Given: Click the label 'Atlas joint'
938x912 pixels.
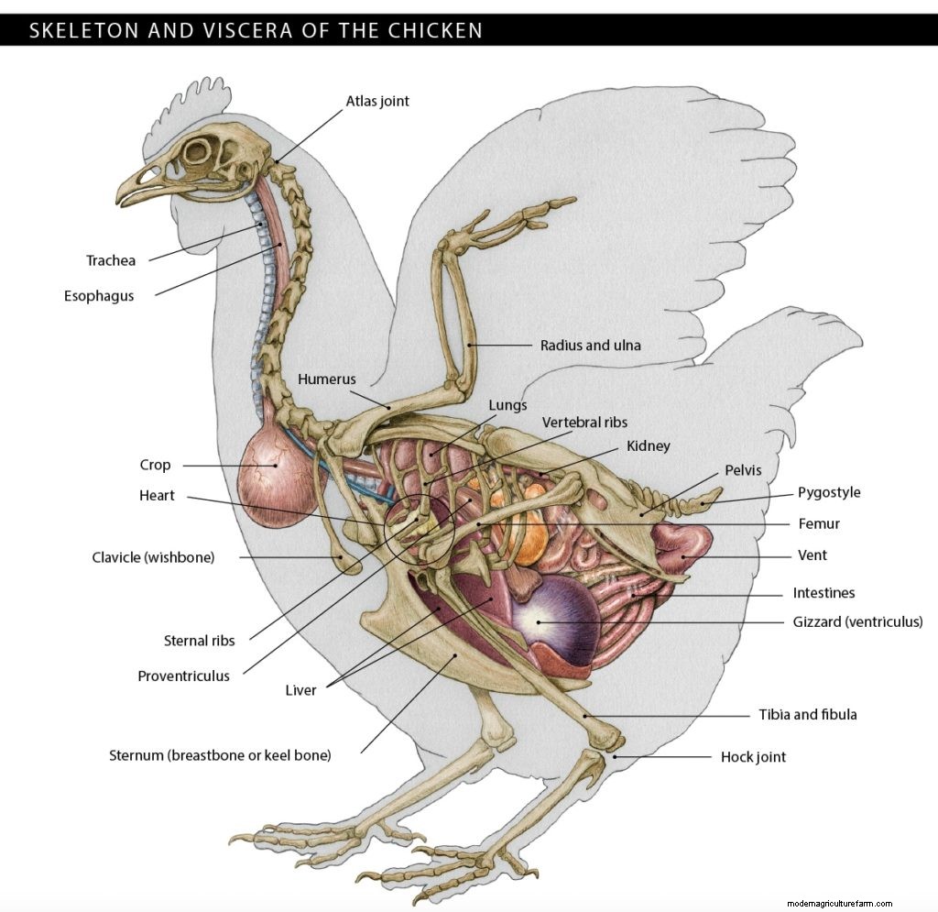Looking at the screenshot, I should pyautogui.click(x=376, y=101).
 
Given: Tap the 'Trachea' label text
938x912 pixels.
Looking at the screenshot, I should pyautogui.click(x=111, y=260).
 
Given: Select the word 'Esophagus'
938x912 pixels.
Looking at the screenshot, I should pyautogui.click(x=99, y=296).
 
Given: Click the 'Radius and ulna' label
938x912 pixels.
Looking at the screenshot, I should pyautogui.click(x=590, y=346).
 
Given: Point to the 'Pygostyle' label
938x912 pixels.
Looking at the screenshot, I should pyautogui.click(x=829, y=492).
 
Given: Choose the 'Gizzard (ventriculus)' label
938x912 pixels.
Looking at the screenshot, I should pyautogui.click(x=857, y=622).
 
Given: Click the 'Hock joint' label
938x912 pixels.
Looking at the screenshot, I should pyautogui.click(x=753, y=757).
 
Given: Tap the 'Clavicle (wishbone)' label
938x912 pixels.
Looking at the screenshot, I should pyautogui.click(x=153, y=557).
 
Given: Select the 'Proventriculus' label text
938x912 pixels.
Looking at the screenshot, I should pyautogui.click(x=183, y=676).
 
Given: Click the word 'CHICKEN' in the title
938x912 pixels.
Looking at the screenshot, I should pyautogui.click(x=435, y=30).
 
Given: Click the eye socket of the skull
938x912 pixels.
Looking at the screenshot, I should pyautogui.click(x=196, y=152).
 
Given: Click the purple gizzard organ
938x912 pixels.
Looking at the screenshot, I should pyautogui.click(x=550, y=619).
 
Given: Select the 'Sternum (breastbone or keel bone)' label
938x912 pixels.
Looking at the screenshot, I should pyautogui.click(x=220, y=756).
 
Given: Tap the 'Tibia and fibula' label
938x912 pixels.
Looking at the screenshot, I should pyautogui.click(x=807, y=714).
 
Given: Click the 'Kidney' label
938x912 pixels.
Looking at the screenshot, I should pyautogui.click(x=648, y=446).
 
